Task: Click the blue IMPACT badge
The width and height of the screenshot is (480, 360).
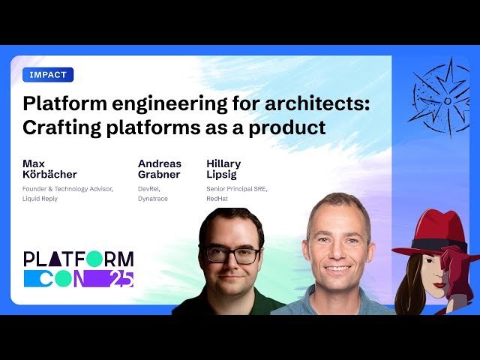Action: click(48, 74)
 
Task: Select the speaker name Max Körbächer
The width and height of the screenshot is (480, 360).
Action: click(49, 169)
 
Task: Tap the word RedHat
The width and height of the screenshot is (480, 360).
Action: click(218, 198)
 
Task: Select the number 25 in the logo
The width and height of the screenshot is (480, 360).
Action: click(121, 279)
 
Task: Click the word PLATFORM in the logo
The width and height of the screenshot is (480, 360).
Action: click(79, 259)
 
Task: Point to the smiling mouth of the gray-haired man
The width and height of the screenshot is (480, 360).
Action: click(337, 268)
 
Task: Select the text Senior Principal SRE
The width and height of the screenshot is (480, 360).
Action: click(236, 189)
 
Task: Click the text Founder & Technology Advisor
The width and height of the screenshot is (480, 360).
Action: click(68, 189)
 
